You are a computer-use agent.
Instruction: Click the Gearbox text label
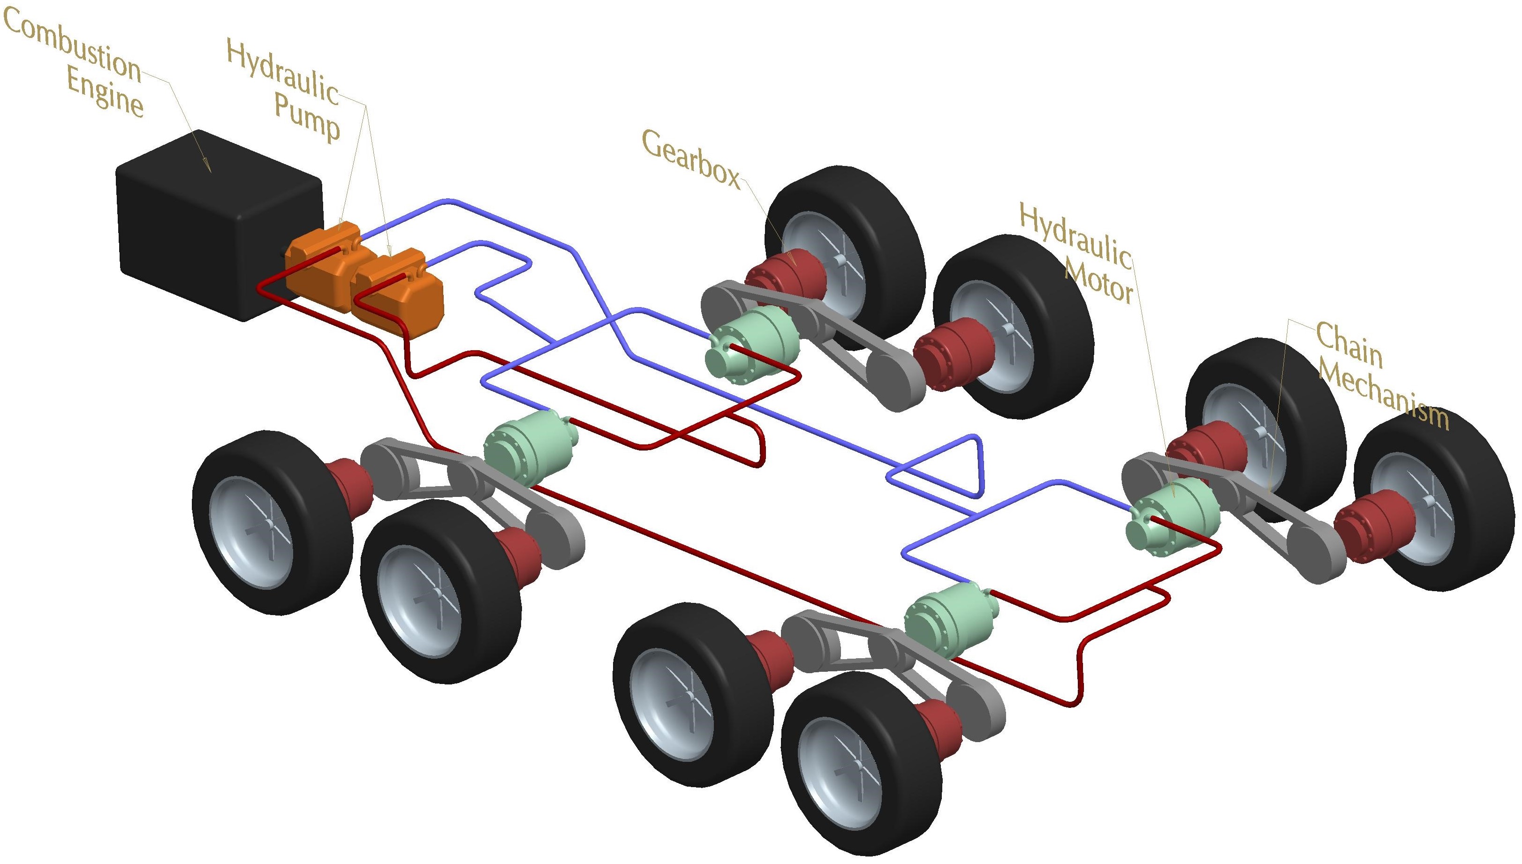pyautogui.click(x=691, y=159)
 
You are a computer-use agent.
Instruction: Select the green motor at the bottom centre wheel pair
pyautogui.click(x=950, y=620)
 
